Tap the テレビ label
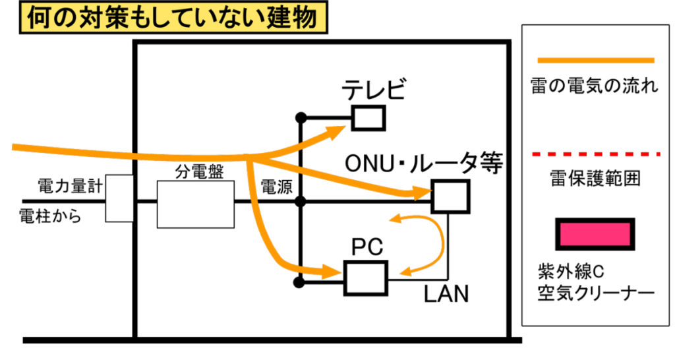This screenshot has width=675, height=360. (373, 90)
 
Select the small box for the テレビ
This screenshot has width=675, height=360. (368, 119)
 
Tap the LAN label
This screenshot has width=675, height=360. (446, 294)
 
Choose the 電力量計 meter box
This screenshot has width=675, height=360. (120, 198)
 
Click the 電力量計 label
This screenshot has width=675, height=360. (69, 187)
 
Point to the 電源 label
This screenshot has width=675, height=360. (276, 187)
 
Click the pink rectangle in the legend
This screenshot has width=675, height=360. (595, 234)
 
